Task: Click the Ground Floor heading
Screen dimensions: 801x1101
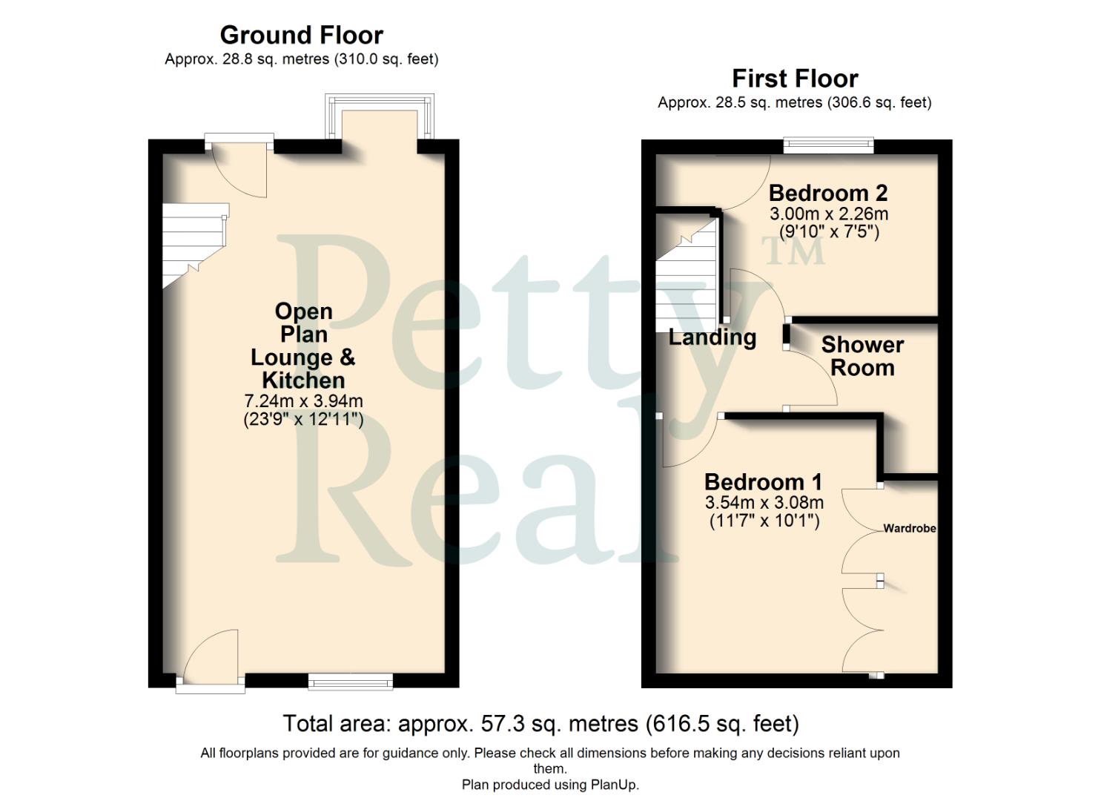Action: pos(301,35)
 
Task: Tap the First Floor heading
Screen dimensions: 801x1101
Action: pos(794,78)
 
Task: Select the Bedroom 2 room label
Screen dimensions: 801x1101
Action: pos(827,193)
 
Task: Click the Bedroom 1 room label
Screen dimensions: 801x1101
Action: pos(763,482)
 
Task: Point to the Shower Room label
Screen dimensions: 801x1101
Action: pos(862,356)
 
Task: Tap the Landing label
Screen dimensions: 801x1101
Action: pos(712,337)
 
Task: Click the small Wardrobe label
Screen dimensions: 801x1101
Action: pos(909,529)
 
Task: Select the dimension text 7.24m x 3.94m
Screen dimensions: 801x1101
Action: pos(303,401)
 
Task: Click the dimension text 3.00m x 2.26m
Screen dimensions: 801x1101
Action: pos(828,214)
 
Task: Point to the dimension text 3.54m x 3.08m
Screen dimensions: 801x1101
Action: pos(764,502)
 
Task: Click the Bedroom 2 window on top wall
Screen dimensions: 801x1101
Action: pos(829,146)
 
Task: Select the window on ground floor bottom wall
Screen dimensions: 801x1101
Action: pos(350,682)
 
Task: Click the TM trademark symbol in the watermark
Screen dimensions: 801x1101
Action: pos(793,251)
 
